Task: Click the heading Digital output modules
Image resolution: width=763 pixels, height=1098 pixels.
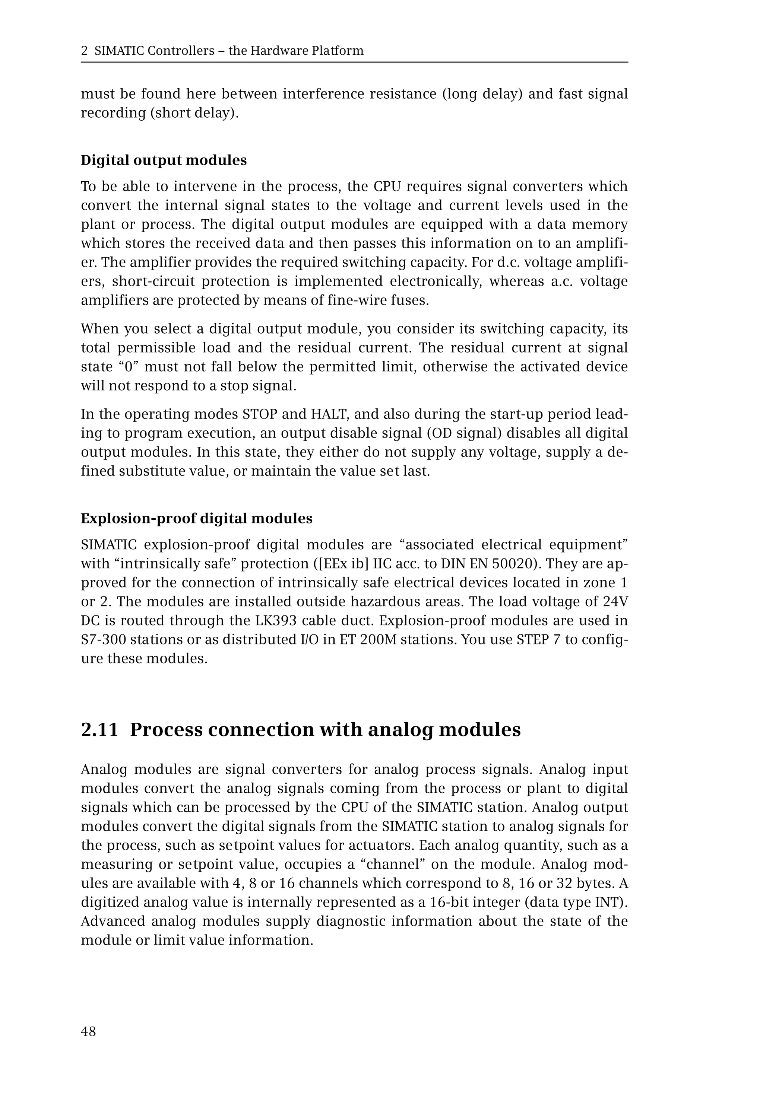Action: click(164, 160)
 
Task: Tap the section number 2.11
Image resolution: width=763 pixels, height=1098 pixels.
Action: click(99, 730)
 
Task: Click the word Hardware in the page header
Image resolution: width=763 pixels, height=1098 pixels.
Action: click(278, 51)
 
